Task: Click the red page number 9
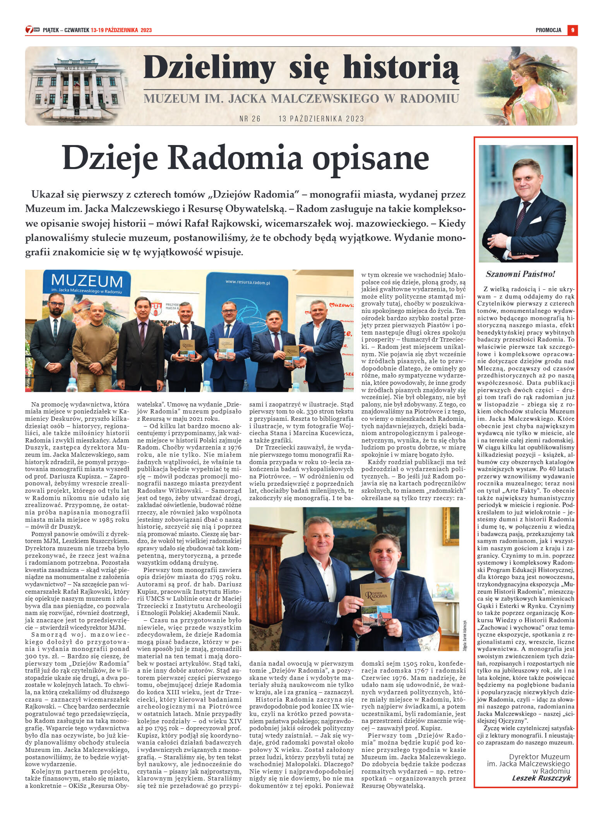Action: point(572,30)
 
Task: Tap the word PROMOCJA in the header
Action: point(548,30)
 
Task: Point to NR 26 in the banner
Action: point(250,119)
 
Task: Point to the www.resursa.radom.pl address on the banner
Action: point(247,283)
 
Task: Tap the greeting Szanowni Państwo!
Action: point(520,274)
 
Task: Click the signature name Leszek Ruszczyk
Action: point(541,778)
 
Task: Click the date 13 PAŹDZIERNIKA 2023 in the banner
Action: point(321,119)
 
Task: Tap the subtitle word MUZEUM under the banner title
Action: point(172,99)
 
